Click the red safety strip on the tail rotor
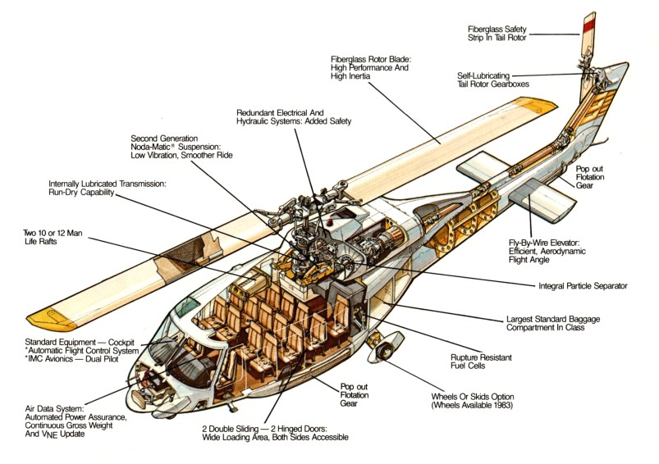pos(588,25)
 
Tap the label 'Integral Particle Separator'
pos(583,286)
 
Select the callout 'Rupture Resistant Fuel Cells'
pos(481,362)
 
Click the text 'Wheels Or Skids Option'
pos(473,397)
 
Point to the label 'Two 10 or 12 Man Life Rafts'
pos(53,237)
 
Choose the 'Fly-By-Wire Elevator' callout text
pos(544,243)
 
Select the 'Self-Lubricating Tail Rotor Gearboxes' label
pos(493,80)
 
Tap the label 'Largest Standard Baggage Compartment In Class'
pos(552,323)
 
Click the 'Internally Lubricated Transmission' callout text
pos(108,184)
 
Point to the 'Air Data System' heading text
pos(54,408)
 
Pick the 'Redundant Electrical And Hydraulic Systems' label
pos(293,117)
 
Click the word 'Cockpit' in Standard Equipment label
pos(121,342)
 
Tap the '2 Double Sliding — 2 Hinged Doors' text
pos(264,429)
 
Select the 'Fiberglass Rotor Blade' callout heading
pos(371,59)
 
